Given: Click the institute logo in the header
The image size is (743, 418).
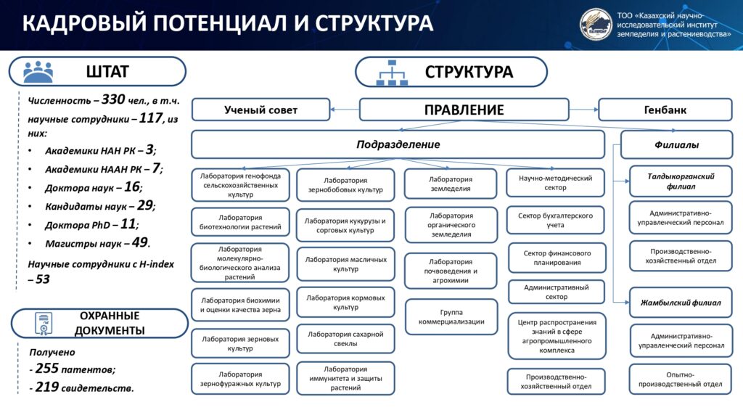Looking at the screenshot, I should pyautogui.click(x=596, y=25).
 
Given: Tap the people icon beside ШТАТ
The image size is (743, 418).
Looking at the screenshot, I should pyautogui.click(x=38, y=72).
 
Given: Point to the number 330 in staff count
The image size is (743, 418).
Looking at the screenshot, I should pyautogui.click(x=114, y=99).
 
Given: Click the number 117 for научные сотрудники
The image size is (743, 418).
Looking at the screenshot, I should pyautogui.click(x=149, y=117).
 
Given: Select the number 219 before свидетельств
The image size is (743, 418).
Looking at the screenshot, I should pyautogui.click(x=46, y=387).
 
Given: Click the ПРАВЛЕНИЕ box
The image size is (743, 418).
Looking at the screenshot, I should pyautogui.click(x=464, y=110).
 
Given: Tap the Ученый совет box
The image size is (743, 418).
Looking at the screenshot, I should pyautogui.click(x=260, y=110).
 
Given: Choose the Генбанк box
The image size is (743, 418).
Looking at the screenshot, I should pyautogui.click(x=665, y=110).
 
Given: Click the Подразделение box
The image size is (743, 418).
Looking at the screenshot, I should pyautogui.click(x=398, y=144).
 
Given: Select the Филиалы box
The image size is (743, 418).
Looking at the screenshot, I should pyautogui.click(x=676, y=144).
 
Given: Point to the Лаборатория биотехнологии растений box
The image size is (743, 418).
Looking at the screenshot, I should pyautogui.click(x=240, y=222).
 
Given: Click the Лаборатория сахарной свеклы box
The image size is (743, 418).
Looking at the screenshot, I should pyautogui.click(x=345, y=339).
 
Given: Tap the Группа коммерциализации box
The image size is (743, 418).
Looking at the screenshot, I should pyautogui.click(x=451, y=316).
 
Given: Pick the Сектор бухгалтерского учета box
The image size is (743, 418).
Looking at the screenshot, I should pyautogui.click(x=555, y=221).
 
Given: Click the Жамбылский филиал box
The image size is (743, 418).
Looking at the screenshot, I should pyautogui.click(x=681, y=302).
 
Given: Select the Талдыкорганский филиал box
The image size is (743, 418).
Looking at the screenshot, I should pyautogui.click(x=681, y=181).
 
